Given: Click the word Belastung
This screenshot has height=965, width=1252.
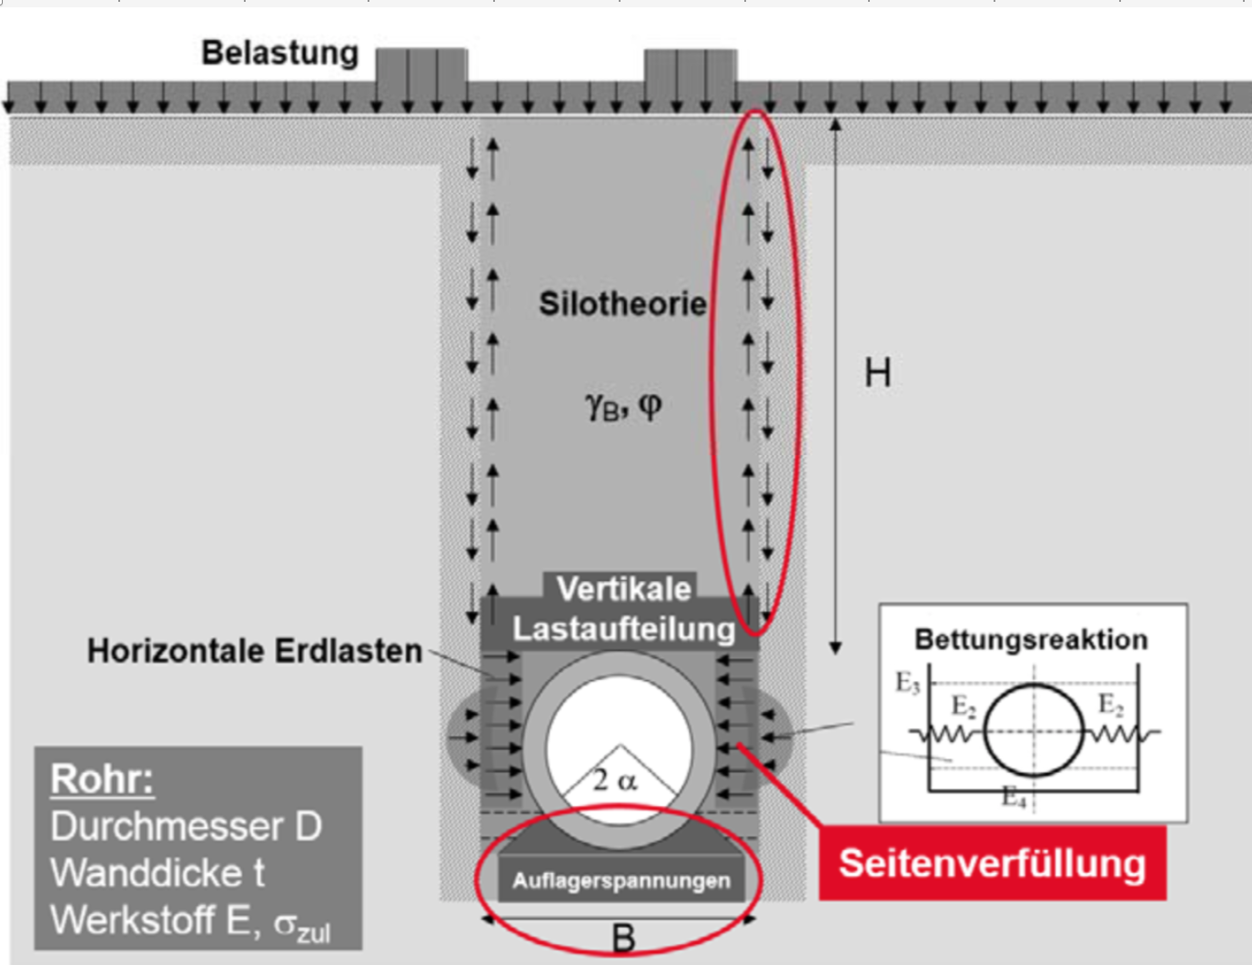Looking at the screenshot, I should tap(279, 53).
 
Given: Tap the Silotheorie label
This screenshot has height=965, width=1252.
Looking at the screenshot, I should tap(622, 303).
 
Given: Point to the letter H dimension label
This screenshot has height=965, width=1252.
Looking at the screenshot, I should tap(877, 373).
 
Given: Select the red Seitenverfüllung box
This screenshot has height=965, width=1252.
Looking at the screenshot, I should tap(992, 863).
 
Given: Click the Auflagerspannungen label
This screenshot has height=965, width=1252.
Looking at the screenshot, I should tap(621, 880).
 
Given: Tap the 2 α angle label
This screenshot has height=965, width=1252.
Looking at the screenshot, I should tap(615, 780).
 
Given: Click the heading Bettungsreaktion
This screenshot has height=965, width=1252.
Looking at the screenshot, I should tap(1031, 639).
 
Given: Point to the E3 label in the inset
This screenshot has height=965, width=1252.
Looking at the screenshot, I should tap(907, 683).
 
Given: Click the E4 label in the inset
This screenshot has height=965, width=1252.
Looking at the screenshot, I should tap(1014, 797).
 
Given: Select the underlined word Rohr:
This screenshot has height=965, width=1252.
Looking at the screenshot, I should tap(102, 779).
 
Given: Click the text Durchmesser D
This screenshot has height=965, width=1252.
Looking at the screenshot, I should tap(186, 827).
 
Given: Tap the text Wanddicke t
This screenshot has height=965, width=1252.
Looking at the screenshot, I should tap(157, 873).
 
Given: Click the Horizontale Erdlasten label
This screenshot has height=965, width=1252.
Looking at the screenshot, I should tap(255, 651).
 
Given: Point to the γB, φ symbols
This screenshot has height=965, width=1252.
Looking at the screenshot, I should tap(623, 405).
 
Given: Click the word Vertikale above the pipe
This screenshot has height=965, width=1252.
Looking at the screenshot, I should tap(624, 589).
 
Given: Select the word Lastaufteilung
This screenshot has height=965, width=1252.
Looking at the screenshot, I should tap(623, 628).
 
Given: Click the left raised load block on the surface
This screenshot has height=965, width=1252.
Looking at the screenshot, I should tap(421, 68).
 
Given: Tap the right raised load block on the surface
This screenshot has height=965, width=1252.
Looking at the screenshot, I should tap(691, 68).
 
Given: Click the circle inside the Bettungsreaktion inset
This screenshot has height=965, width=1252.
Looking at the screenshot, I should tap(1034, 730).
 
